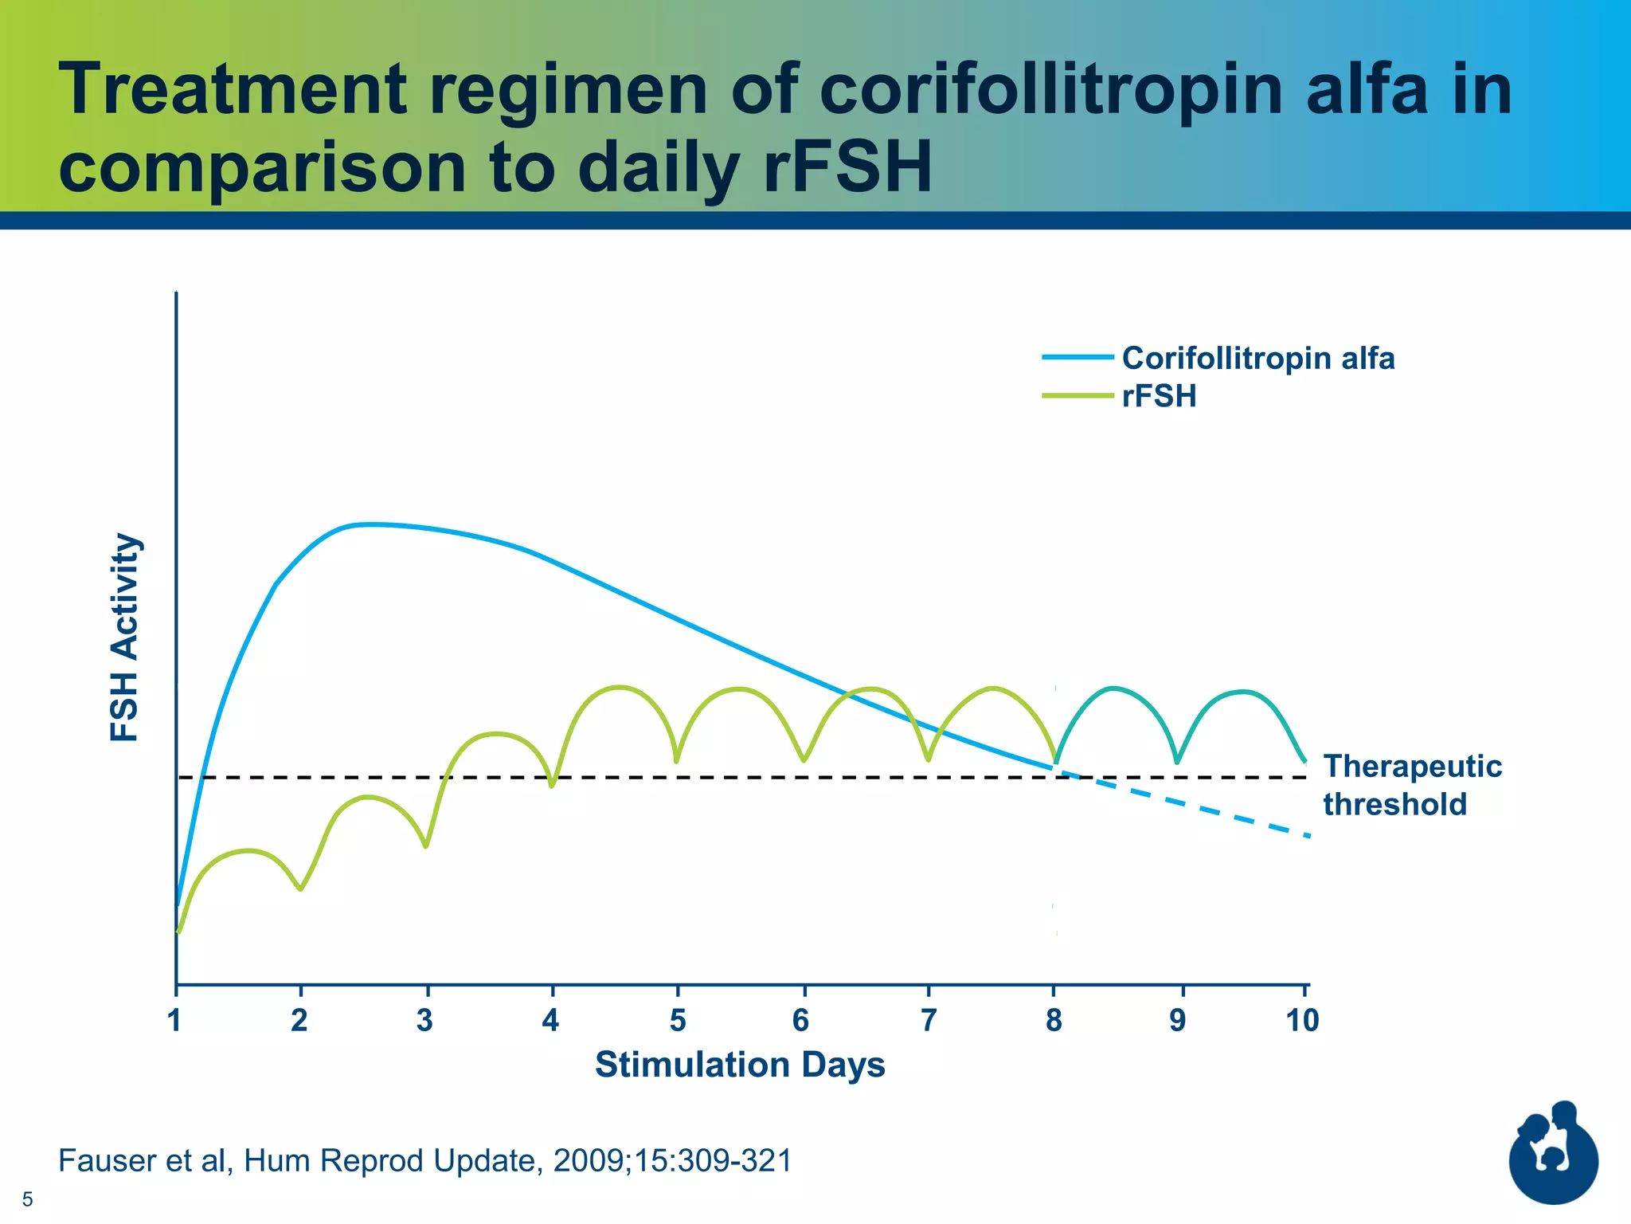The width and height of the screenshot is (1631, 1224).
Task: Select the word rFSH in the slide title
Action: tap(847, 168)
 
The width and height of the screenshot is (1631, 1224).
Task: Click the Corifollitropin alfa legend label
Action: tap(1257, 359)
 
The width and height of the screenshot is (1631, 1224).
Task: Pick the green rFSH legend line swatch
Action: tap(1077, 396)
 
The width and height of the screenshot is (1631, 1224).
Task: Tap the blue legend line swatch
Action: tap(1077, 358)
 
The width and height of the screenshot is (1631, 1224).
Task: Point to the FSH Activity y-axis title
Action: tap(125, 637)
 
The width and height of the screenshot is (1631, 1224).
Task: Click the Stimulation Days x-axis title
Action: tap(740, 1065)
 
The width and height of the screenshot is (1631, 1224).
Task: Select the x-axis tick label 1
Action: tap(175, 1021)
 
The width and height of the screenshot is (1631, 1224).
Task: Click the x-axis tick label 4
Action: tap(550, 1021)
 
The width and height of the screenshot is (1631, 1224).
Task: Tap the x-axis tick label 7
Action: tap(928, 1021)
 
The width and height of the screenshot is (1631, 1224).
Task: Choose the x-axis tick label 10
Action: tap(1302, 1021)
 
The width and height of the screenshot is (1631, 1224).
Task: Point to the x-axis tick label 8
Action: tap(1054, 1021)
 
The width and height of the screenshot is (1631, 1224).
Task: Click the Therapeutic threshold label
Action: tap(1411, 785)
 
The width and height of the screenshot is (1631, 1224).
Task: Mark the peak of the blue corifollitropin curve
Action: tap(366, 524)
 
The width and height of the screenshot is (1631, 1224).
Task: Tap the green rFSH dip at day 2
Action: tap(300, 888)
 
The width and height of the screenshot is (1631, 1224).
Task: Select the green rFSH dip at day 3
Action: tap(426, 845)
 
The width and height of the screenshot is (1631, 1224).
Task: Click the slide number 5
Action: tap(28, 1199)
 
